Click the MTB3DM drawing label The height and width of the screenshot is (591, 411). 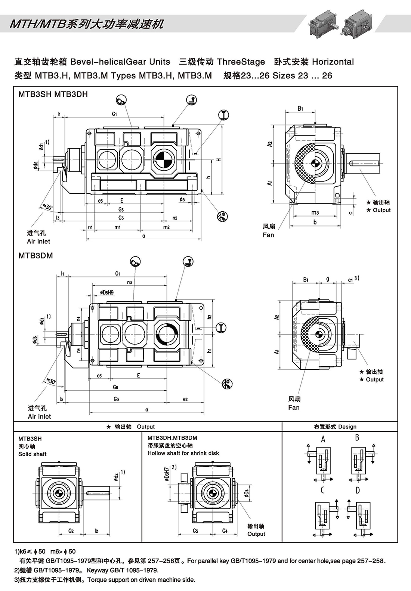(35, 256)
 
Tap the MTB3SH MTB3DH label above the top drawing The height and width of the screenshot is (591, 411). (53, 94)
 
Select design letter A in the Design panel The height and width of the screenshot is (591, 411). (323, 439)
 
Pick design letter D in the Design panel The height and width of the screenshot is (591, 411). (358, 490)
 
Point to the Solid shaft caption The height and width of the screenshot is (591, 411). (33, 454)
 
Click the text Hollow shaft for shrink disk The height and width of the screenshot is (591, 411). (183, 453)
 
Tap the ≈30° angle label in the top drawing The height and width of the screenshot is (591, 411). (48, 206)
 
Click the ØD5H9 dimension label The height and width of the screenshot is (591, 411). (107, 292)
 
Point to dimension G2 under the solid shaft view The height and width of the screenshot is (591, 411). (71, 531)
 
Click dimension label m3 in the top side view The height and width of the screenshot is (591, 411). (315, 212)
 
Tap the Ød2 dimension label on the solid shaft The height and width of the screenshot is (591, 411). (116, 477)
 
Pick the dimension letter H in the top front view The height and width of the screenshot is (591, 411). (219, 160)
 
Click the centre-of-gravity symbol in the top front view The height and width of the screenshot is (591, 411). (163, 160)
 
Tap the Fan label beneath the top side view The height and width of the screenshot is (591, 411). (268, 235)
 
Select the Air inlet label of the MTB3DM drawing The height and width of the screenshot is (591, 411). (39, 416)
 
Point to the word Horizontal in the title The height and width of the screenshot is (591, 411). (333, 62)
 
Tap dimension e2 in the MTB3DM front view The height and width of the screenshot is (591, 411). (185, 399)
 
